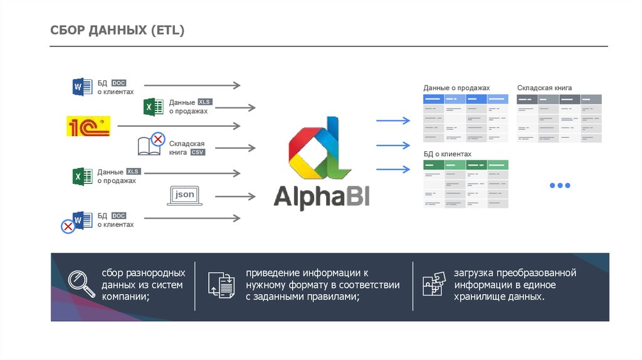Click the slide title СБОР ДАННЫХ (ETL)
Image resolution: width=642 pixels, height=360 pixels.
coord(117,30)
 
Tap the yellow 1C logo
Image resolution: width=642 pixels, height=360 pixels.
coord(88,126)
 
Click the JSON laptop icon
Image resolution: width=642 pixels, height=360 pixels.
coord(184,196)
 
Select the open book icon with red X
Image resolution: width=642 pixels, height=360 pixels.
coord(150,144)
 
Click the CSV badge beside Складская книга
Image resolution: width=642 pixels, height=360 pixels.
coord(199,152)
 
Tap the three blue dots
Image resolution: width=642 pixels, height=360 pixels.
coord(559,186)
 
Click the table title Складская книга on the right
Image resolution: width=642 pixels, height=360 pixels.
coord(544,88)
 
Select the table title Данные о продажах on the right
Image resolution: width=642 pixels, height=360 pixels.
coord(456,88)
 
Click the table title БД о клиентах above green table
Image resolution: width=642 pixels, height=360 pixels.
coord(447,154)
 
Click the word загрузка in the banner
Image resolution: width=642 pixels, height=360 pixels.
coord(474,273)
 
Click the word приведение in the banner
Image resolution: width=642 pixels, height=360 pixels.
coord(273,273)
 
